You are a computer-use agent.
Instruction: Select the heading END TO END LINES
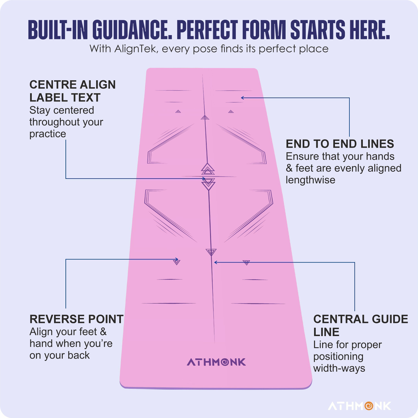pos(340,144)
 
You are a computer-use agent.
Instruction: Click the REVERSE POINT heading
pos(76,319)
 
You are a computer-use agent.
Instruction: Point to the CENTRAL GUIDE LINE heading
pos(361,325)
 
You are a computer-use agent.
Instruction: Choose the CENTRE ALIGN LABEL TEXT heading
pos(72,91)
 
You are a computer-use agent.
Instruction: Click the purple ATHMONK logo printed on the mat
pos(216,362)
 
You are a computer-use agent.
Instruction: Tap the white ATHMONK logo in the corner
pos(359,406)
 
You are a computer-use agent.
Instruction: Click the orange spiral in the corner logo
pos(369,406)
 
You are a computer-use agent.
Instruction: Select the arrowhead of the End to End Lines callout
pos(242,98)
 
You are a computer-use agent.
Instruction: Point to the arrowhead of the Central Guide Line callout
pos(216,262)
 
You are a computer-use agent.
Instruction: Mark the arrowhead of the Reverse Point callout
pos(177,259)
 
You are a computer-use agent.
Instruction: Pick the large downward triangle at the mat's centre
pos(208,184)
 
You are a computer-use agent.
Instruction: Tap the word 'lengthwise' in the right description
pos(310,180)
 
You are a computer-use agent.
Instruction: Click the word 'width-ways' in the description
pos(339,368)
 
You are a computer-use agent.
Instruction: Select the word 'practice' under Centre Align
pos(48,134)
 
